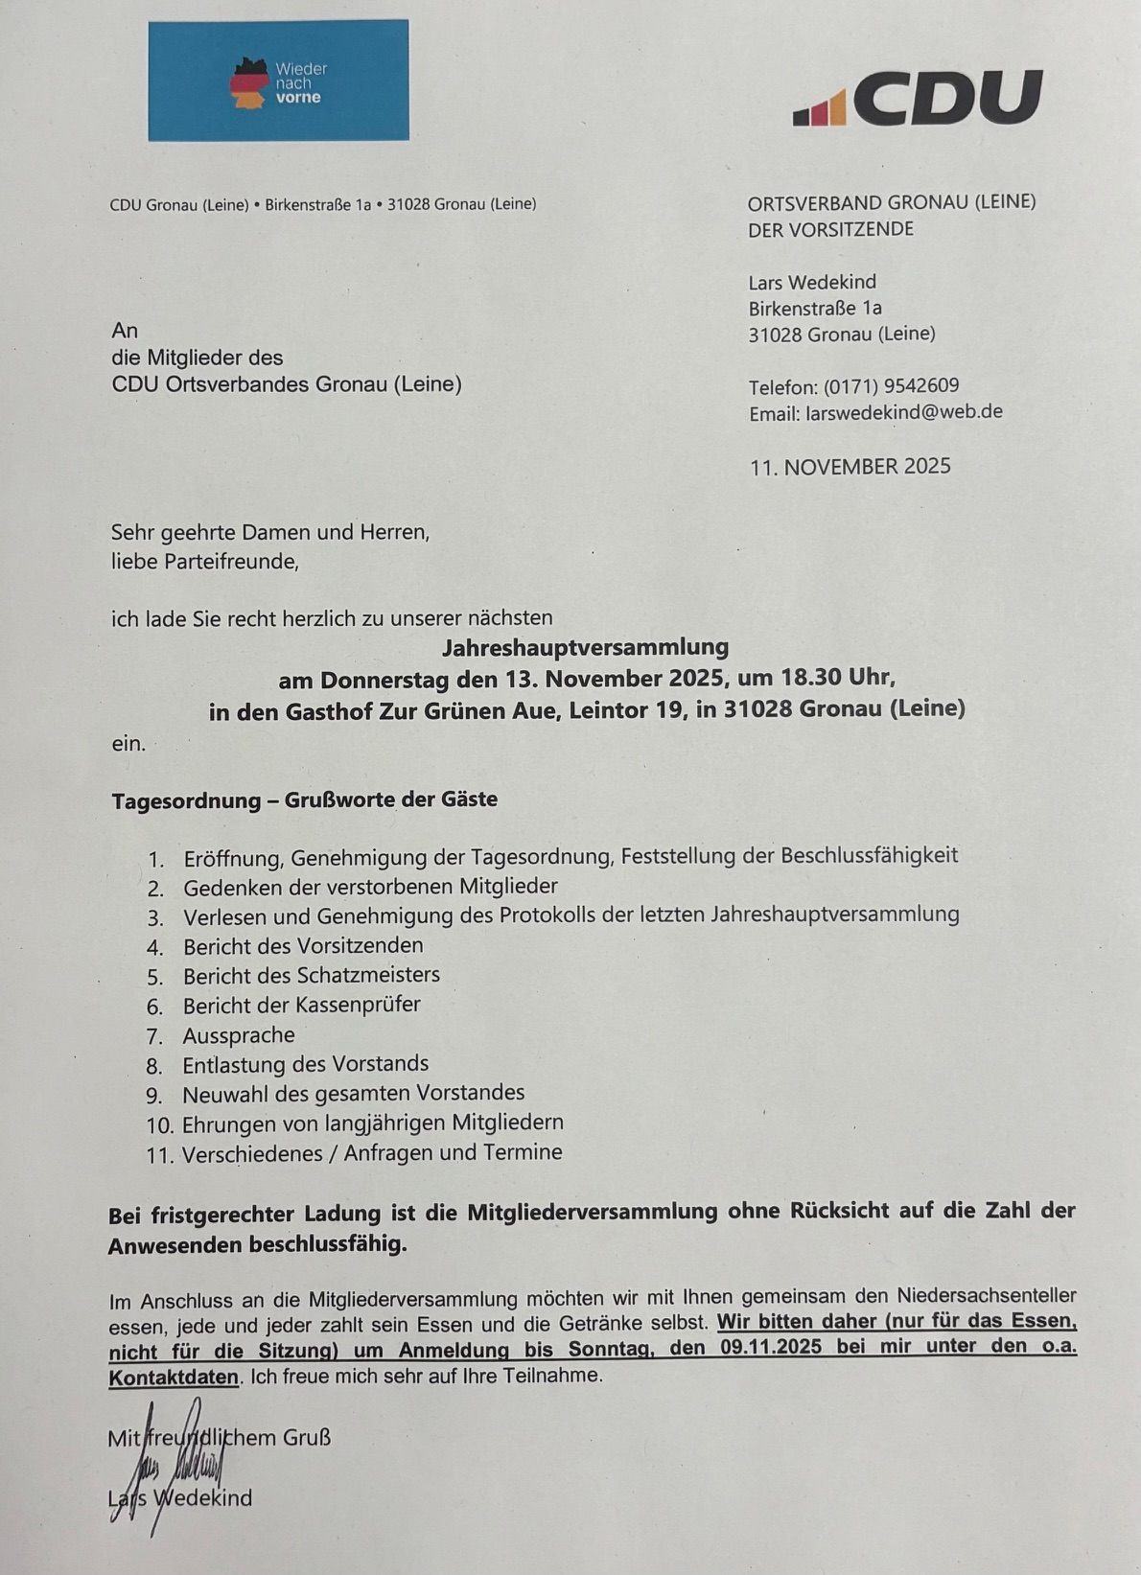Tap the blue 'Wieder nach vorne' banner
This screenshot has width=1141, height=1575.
tap(278, 81)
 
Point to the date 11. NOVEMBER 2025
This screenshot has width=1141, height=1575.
tap(850, 467)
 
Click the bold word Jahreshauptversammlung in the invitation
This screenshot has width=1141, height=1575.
tap(585, 648)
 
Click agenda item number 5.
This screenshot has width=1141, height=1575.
tap(155, 977)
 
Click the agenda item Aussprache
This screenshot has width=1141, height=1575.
tap(239, 1035)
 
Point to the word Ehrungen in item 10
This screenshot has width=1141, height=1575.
tap(228, 1123)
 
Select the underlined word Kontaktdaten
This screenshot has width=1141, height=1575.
tap(174, 1378)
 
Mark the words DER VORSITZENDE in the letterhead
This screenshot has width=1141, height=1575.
tap(830, 229)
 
